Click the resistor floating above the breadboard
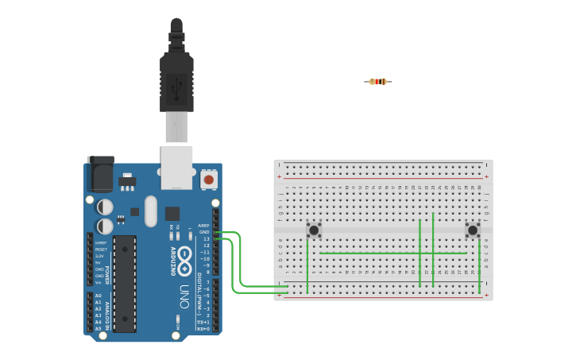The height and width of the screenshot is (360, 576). tap(378, 81)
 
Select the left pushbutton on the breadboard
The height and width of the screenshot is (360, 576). tap(314, 230)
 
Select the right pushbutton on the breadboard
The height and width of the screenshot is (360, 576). tap(473, 230)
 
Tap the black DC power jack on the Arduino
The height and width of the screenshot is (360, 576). tap(100, 173)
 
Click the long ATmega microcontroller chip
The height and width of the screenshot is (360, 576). tap(125, 283)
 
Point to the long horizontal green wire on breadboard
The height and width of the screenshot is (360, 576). tap(393, 254)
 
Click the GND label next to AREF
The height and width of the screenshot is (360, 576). tap(204, 232)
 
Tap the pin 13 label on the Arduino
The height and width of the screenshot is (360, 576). tap(206, 238)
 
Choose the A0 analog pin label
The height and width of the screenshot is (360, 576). tap(99, 295)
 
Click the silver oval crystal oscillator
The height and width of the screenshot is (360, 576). tap(151, 211)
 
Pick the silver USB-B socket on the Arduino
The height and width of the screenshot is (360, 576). tap(176, 166)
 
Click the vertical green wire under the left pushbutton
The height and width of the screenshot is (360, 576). tap(307, 266)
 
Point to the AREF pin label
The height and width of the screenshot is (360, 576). tap(203, 226)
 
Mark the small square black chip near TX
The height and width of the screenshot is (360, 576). tap(172, 213)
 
